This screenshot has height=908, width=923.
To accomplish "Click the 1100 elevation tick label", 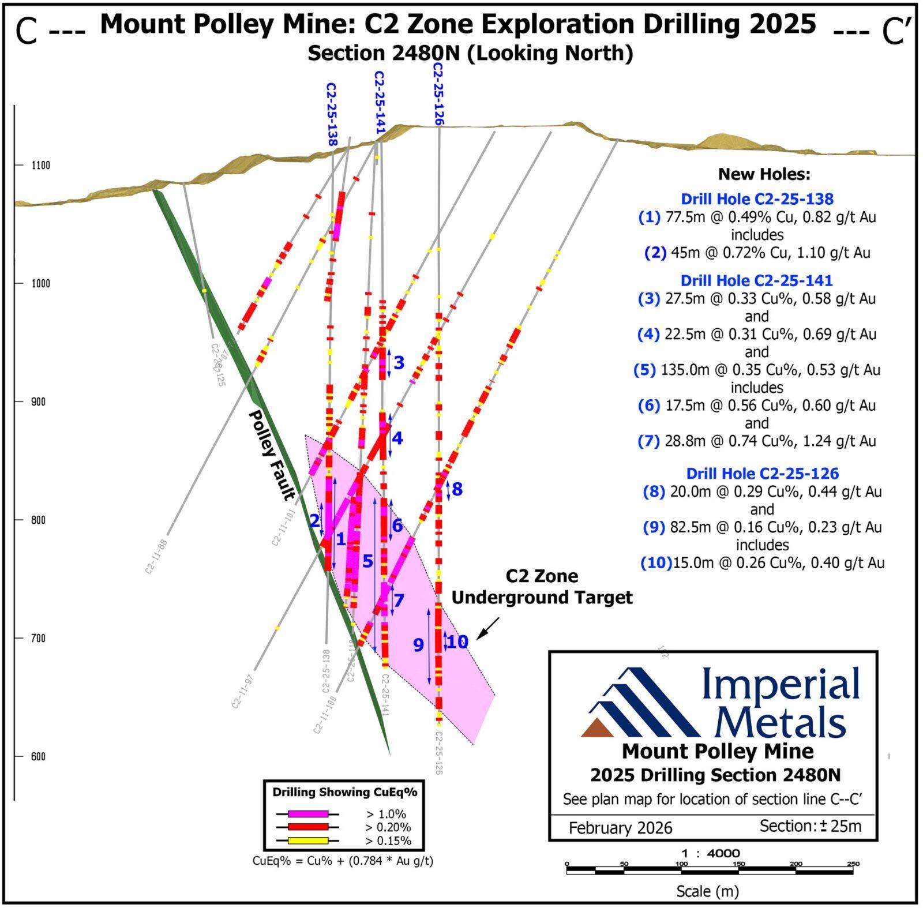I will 40,166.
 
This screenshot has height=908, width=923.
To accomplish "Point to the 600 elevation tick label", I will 38,756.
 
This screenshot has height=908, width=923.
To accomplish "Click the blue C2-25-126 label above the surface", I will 438,93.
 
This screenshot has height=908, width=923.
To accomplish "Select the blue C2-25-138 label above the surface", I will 331,114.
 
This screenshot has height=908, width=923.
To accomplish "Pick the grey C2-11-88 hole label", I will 156,556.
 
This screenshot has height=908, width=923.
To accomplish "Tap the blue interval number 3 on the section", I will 399,362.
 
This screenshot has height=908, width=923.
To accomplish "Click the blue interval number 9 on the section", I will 418,644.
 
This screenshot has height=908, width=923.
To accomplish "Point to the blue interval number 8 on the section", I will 457,489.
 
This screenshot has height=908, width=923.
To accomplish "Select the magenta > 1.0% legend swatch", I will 308,814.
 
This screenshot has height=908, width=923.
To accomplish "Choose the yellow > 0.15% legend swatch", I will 308,841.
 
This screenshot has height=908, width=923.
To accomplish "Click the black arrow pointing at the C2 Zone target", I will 489,628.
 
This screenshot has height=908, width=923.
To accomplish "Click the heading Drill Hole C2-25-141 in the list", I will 756,280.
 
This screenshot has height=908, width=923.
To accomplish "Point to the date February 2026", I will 620,828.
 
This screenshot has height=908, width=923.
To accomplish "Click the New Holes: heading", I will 764,174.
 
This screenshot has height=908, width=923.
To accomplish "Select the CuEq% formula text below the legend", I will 343,861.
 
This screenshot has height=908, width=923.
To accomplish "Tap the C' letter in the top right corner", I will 895,32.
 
